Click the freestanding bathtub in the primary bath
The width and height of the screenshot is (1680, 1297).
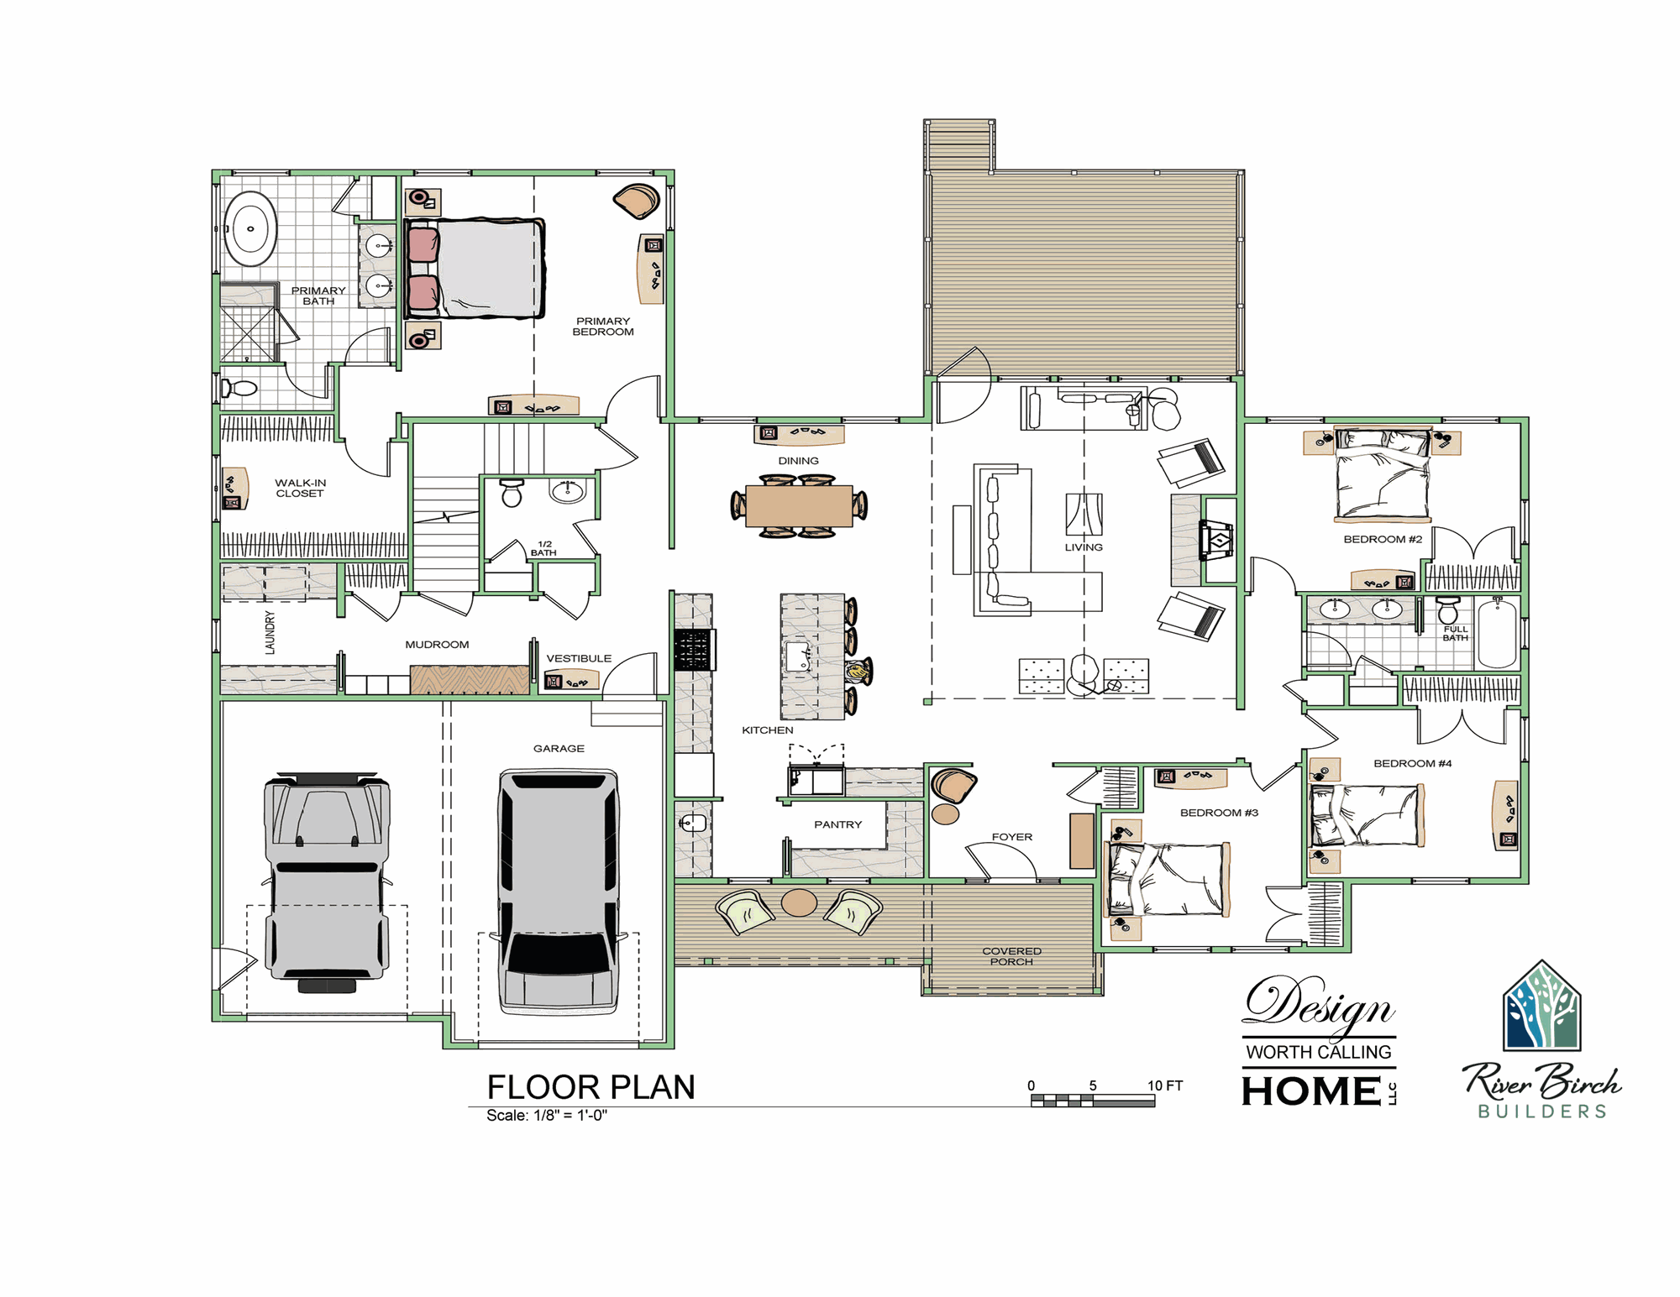coord(250,228)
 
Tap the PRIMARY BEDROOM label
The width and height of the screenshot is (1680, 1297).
coord(603,327)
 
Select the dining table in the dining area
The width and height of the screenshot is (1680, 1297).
coord(799,506)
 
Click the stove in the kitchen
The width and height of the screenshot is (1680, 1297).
coord(694,649)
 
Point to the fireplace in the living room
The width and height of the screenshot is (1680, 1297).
coord(1216,540)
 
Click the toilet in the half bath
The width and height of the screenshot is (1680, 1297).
coord(512,493)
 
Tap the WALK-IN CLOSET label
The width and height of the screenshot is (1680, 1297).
coord(300,488)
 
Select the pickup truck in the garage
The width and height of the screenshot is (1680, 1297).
coord(328,881)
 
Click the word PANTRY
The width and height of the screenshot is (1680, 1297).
coord(837,824)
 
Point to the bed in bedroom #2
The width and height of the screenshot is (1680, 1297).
coord(1383,474)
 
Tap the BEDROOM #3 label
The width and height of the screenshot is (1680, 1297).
coord(1219,813)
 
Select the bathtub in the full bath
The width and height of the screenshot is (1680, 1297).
coord(1497,633)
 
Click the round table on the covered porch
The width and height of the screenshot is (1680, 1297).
coord(799,902)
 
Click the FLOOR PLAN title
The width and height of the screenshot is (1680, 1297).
coord(591,1087)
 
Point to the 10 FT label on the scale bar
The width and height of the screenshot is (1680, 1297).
coord(1165,1085)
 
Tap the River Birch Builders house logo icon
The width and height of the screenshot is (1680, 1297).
coord(1542,1006)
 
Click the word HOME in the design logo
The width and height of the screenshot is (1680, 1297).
coord(1311,1091)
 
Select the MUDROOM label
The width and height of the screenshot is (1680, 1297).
coord(437,645)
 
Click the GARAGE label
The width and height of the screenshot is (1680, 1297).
coord(559,748)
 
